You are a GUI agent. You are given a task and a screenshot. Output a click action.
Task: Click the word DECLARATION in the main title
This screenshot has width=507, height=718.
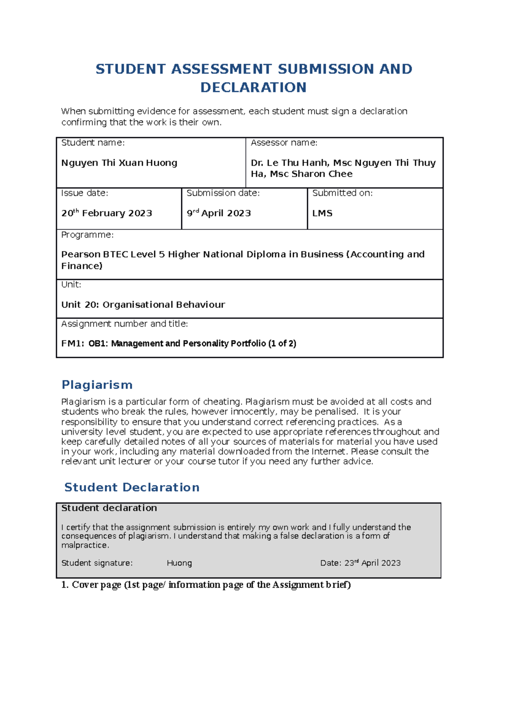pyautogui.click(x=253, y=88)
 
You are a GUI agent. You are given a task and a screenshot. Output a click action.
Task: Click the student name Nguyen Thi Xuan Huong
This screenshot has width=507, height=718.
pyautogui.click(x=119, y=163)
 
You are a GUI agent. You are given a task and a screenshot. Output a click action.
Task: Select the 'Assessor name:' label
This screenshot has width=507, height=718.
pyautogui.click(x=284, y=143)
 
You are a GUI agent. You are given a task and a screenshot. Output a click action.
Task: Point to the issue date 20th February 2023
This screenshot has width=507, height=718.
pyautogui.click(x=106, y=213)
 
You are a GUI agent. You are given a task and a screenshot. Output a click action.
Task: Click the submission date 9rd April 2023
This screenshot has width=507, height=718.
pyautogui.click(x=219, y=213)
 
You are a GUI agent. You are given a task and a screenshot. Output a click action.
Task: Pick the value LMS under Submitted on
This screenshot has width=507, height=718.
pyautogui.click(x=322, y=213)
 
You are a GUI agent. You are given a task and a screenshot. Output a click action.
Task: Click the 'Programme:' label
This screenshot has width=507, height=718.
pyautogui.click(x=87, y=235)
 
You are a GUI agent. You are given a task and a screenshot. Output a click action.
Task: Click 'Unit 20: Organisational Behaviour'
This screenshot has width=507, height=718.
pyautogui.click(x=143, y=305)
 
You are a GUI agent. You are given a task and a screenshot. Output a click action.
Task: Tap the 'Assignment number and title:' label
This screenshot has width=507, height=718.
pyautogui.click(x=124, y=324)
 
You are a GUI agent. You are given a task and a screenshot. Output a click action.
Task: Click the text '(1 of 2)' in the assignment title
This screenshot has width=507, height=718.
pyautogui.click(x=282, y=343)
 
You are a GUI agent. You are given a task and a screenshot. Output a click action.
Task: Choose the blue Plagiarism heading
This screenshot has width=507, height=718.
pyautogui.click(x=97, y=385)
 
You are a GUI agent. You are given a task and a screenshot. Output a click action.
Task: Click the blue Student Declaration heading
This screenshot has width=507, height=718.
pyautogui.click(x=132, y=488)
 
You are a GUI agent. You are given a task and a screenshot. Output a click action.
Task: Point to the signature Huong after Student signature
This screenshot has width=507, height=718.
pyautogui.click(x=179, y=563)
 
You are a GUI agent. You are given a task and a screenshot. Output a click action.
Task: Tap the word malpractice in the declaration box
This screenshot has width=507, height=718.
pyautogui.click(x=84, y=545)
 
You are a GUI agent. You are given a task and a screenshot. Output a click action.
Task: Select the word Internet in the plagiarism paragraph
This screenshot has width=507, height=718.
pyautogui.click(x=328, y=452)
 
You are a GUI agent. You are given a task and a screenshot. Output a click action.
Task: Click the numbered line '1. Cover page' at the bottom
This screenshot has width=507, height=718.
pyautogui.click(x=206, y=585)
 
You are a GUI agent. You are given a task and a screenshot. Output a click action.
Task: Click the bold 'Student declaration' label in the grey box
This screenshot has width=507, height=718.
pyautogui.click(x=109, y=508)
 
